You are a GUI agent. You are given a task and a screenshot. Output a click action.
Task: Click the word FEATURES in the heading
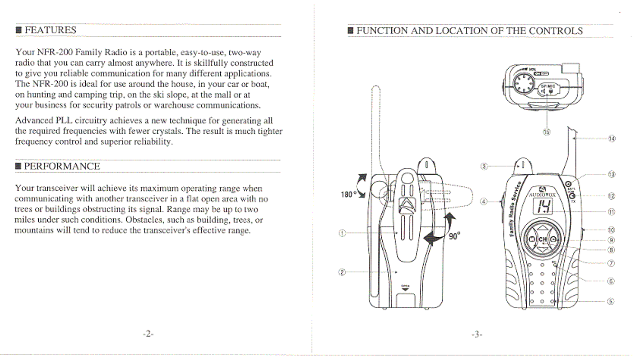(51, 30)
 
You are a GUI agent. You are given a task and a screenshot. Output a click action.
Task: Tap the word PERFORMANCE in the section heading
(62, 167)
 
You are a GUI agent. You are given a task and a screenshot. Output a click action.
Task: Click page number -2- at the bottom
(148, 334)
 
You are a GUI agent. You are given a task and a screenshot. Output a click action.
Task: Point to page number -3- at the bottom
(477, 335)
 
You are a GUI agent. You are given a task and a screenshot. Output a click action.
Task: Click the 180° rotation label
(347, 194)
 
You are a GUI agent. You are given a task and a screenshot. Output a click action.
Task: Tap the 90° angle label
(454, 236)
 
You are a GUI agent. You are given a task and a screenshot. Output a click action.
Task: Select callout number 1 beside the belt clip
(342, 233)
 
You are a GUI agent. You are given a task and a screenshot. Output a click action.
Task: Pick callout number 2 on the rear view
(342, 272)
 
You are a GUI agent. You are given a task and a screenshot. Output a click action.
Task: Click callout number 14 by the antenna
(612, 139)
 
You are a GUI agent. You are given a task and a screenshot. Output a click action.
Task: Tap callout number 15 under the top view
(546, 132)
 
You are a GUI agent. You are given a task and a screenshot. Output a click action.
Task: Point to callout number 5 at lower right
(610, 301)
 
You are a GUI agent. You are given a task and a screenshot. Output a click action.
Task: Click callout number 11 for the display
(611, 212)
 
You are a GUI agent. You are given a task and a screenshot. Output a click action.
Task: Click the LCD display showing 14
(543, 206)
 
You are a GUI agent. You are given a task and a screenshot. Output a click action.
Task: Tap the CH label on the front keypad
(543, 239)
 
